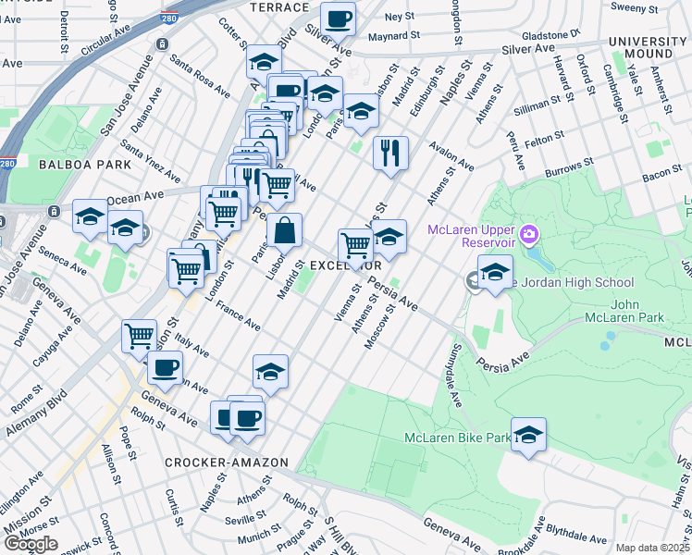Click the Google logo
[x=31, y=544]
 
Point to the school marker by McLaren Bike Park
[x=528, y=434]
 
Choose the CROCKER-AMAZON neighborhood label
[x=216, y=462]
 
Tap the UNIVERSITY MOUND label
[x=649, y=48]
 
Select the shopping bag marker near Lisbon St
[x=285, y=229]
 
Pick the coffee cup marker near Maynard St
[x=338, y=18]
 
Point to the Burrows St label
[x=568, y=167]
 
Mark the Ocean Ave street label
[x=134, y=197]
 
